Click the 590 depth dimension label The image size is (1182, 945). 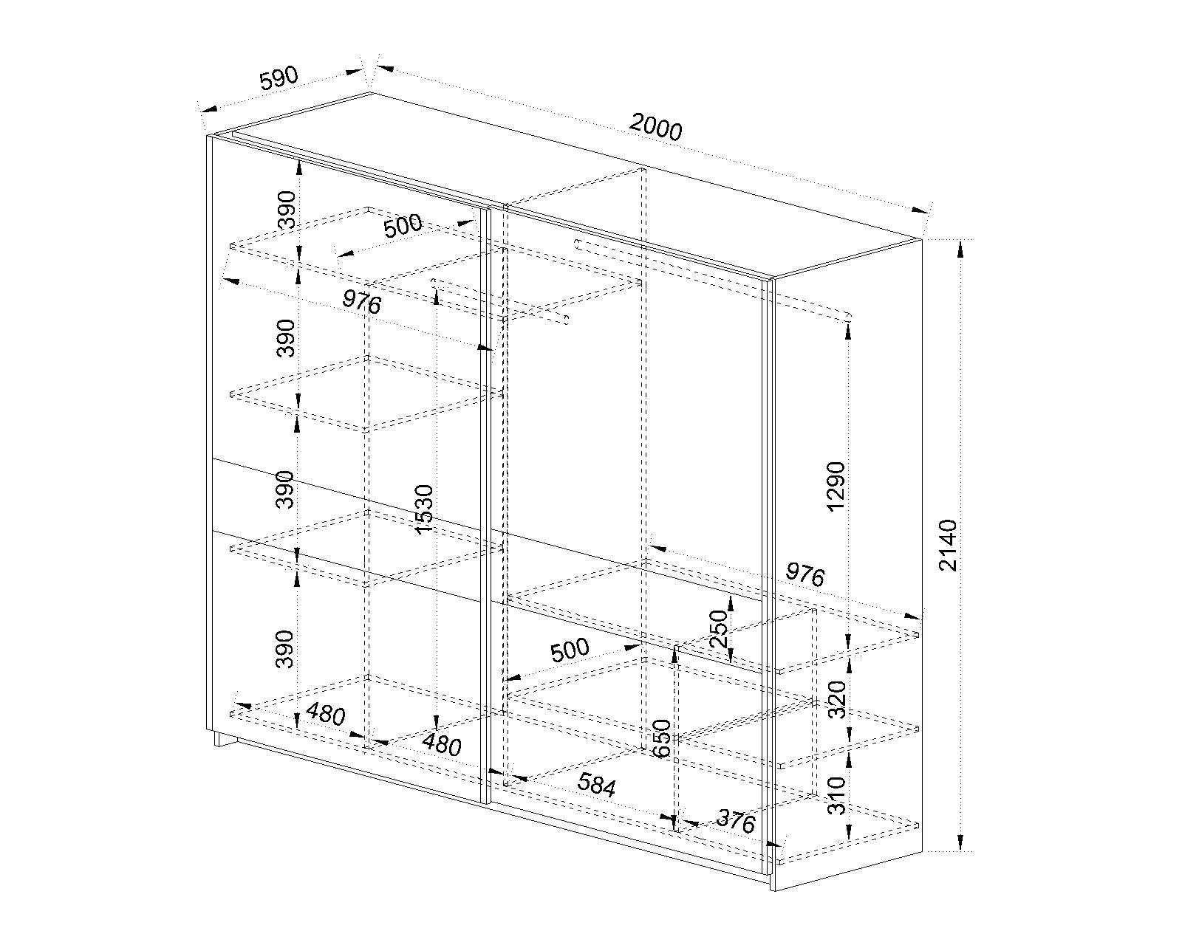click(x=279, y=78)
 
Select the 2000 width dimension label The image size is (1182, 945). click(x=656, y=128)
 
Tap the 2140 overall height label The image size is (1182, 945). click(x=948, y=546)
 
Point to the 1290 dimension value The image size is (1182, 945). click(x=836, y=487)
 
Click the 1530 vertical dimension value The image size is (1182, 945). click(x=424, y=509)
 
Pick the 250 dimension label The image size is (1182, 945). click(x=718, y=629)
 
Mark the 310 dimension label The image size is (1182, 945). click(x=836, y=796)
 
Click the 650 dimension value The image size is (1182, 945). click(x=663, y=738)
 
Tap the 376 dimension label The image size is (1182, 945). click(x=736, y=822)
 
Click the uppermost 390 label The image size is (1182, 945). click(x=287, y=210)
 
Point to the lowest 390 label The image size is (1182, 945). click(x=284, y=649)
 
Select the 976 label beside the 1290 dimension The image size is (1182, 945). click(x=804, y=575)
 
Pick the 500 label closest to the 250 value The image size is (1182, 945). click(x=570, y=650)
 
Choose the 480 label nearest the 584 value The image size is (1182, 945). click(x=442, y=745)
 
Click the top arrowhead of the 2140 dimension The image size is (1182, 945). click(x=960, y=250)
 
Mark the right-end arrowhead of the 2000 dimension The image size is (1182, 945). click(x=920, y=210)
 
